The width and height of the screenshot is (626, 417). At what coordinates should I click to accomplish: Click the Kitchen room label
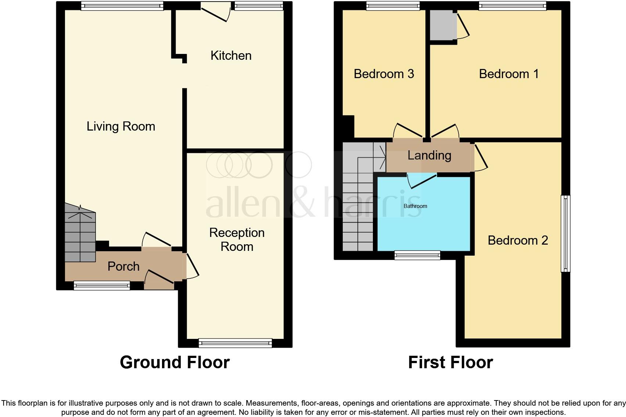pyautogui.click(x=231, y=56)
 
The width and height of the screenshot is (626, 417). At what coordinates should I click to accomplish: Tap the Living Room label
pyautogui.click(x=120, y=127)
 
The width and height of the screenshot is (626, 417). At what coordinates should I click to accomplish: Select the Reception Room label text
pyautogui.click(x=237, y=239)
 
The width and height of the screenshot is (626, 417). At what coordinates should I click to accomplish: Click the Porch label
pyautogui.click(x=123, y=266)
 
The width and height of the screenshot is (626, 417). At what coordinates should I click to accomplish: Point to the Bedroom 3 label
pyautogui.click(x=384, y=74)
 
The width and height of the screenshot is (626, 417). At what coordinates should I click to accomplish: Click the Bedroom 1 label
pyautogui.click(x=508, y=74)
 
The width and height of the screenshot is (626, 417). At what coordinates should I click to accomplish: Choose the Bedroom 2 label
pyautogui.click(x=517, y=241)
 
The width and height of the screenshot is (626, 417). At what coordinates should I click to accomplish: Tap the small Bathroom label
pyautogui.click(x=415, y=206)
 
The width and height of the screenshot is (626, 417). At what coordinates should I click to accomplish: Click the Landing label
pyautogui.click(x=429, y=156)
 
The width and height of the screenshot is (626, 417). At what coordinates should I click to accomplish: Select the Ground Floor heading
pyautogui.click(x=175, y=362)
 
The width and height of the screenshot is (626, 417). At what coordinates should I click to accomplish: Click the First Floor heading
pyautogui.click(x=450, y=362)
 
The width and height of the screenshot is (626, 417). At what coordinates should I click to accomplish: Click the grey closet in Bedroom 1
pyautogui.click(x=442, y=25)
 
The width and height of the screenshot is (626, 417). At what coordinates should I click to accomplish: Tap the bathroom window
pyautogui.click(x=417, y=255)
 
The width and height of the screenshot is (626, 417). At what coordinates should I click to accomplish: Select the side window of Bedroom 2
pyautogui.click(x=566, y=234)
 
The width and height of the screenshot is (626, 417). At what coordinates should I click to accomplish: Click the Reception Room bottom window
pyautogui.click(x=235, y=343)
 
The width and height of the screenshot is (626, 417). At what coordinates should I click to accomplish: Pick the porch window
pyautogui.click(x=102, y=285)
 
